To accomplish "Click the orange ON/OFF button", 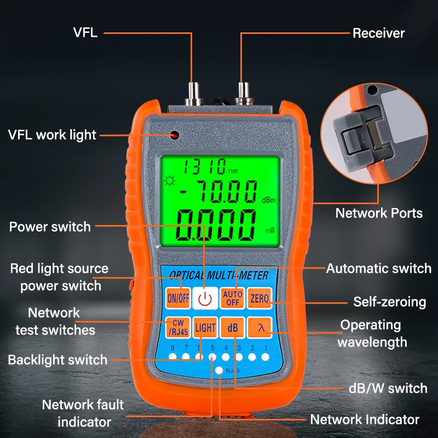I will pos(178,298).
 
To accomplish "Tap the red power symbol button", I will pos(205,298).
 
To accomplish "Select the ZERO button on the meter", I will pos(259,298).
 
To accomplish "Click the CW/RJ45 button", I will pos(178,328).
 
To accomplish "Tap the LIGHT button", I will pos(205,328).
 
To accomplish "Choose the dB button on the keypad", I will pos(232,328).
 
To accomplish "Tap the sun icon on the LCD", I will pos(170,181).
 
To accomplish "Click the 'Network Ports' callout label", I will pos(379,213).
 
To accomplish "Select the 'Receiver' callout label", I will pos(378,33).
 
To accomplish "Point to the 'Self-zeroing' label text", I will pos(389,302).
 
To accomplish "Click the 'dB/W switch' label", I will pos(388,388).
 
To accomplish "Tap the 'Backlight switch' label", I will pos(57,360).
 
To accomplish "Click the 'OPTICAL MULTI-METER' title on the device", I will pos(219,275).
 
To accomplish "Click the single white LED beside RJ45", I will pos(219,371).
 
